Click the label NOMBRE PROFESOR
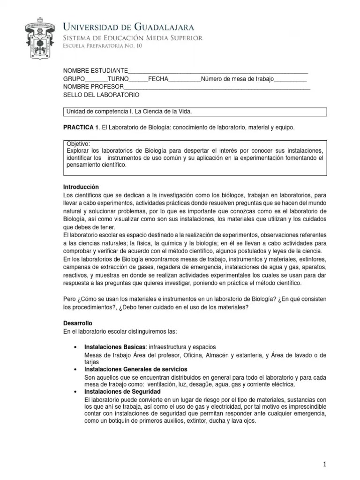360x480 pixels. pyautogui.click(x=94, y=87)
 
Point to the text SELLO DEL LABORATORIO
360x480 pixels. pyautogui.click(x=101, y=95)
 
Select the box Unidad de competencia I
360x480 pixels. pyautogui.click(x=195, y=112)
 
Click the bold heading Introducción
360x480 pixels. pyautogui.click(x=81, y=187)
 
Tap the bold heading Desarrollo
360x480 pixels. pyautogui.click(x=78, y=323)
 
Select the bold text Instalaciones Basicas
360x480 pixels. pyautogui.click(x=115, y=347)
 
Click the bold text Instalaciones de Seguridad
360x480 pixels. pyautogui.click(x=122, y=391)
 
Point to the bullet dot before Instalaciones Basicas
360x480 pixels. pyautogui.click(x=76, y=347)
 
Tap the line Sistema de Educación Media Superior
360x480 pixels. pyautogui.click(x=133, y=37)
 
